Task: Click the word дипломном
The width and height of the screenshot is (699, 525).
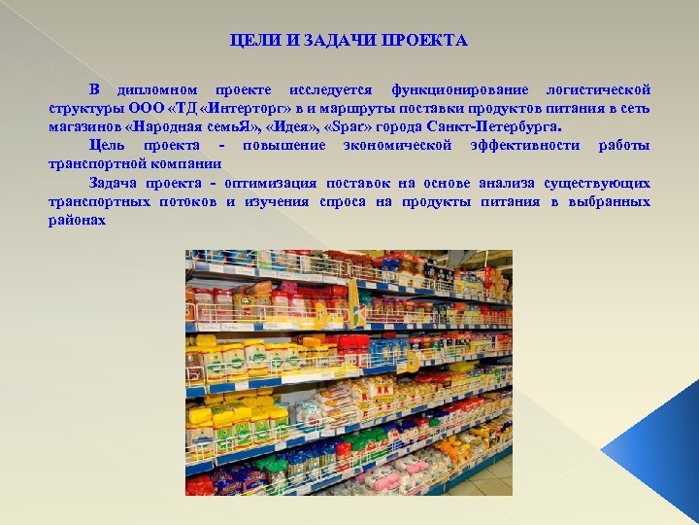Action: [x=157, y=89]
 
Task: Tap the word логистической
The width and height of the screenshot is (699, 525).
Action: [x=597, y=89]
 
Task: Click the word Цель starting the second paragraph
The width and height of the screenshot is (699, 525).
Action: [x=110, y=145]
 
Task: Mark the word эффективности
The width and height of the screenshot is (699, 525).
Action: [x=525, y=145]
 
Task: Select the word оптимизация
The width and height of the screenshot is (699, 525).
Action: [x=270, y=183]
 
